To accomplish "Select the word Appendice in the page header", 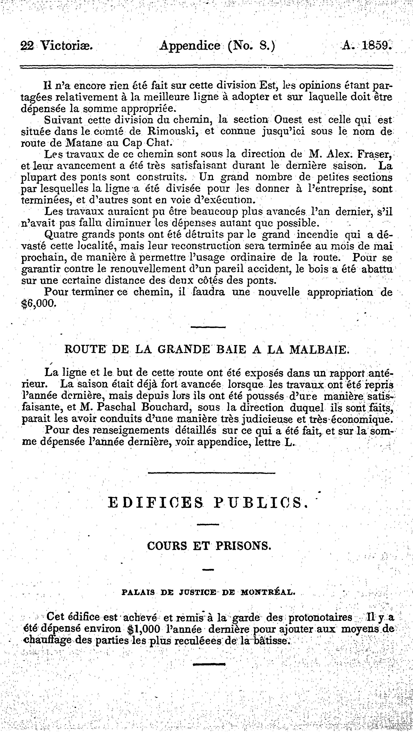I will [190, 45].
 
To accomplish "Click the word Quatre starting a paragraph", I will [61, 235].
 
